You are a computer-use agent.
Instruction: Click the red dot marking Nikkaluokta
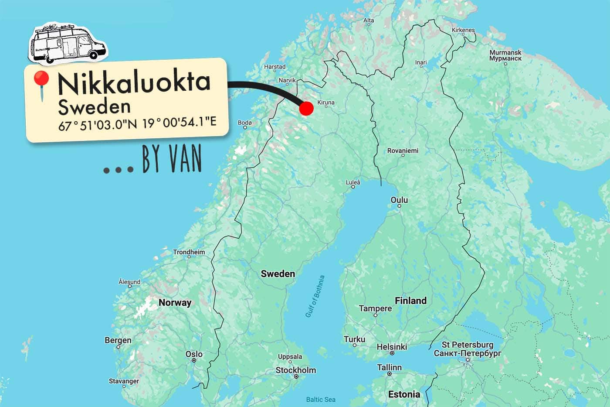[306, 109]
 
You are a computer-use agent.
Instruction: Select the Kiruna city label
[326, 103]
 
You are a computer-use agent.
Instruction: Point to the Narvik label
[287, 80]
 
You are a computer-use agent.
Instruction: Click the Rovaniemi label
[403, 150]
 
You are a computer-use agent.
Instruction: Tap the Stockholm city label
[296, 370]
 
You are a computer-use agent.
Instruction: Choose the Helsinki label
[392, 347]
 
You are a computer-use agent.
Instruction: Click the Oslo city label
[194, 354]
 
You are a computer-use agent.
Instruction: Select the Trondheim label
[189, 252]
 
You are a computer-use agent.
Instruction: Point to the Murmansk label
[505, 55]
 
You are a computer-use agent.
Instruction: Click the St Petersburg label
[468, 349]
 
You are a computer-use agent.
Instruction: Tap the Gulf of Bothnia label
[315, 296]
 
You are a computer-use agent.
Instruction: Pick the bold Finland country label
[410, 301]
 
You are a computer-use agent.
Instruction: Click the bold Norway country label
[175, 302]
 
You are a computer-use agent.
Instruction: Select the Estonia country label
[404, 394]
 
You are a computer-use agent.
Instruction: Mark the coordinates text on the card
[137, 124]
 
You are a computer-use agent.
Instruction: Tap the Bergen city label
[118, 340]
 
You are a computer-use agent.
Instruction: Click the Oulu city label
[399, 200]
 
